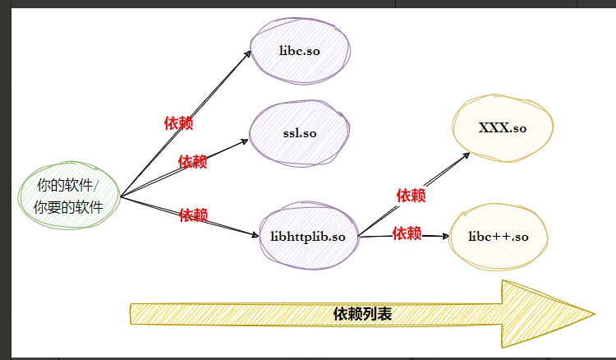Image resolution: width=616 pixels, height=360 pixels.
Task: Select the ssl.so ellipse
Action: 299,133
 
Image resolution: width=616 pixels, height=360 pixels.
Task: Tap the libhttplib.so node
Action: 308,237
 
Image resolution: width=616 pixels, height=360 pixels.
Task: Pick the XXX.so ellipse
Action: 502,129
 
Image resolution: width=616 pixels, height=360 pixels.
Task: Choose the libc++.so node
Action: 498,237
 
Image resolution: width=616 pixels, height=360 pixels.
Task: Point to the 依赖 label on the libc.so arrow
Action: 178,123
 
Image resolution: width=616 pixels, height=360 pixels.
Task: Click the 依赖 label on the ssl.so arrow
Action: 192,162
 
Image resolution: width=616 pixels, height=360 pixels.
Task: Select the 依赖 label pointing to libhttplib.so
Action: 193,215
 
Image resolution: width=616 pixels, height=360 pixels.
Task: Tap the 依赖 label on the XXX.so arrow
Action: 411,196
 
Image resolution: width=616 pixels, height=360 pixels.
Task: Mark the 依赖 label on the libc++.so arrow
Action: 407,233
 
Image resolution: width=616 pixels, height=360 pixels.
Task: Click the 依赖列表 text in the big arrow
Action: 362,314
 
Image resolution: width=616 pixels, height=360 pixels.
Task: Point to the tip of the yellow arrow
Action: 593,313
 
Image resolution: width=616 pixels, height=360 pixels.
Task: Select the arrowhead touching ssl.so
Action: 245,141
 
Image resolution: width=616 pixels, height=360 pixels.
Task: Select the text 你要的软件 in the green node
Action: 68,208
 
